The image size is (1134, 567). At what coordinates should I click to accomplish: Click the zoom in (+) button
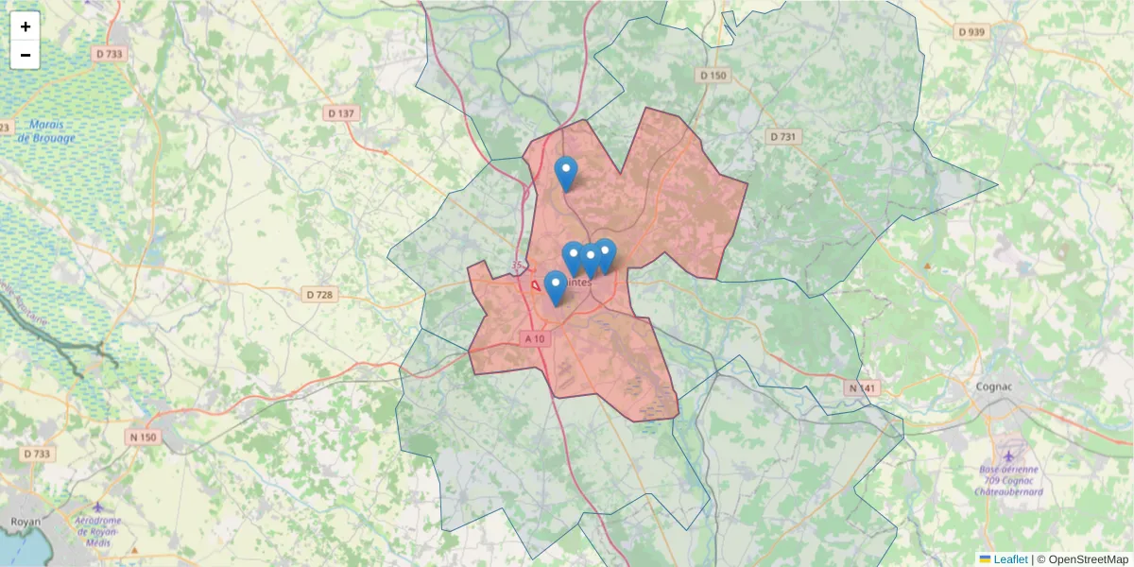click(x=26, y=26)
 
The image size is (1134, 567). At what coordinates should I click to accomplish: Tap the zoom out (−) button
click(x=26, y=55)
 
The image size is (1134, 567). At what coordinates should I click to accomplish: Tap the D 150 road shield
click(x=713, y=75)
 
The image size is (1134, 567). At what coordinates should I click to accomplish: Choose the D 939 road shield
click(x=971, y=31)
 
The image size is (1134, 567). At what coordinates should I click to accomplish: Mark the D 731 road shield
click(x=782, y=137)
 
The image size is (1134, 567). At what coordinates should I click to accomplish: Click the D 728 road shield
click(x=320, y=295)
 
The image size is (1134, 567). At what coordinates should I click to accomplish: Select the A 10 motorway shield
click(x=534, y=338)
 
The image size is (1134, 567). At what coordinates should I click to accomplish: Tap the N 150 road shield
click(x=143, y=437)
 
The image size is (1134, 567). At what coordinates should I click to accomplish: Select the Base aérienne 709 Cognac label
click(x=1009, y=480)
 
